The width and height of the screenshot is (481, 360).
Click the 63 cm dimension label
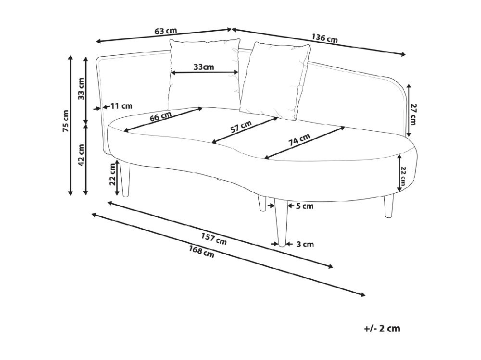165,31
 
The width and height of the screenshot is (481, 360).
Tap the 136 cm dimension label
325,38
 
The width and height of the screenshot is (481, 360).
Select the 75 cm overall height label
65,121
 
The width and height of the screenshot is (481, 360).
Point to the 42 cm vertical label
81,155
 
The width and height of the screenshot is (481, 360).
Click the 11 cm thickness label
122,106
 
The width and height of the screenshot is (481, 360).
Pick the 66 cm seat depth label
161,116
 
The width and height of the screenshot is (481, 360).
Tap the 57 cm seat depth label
241,126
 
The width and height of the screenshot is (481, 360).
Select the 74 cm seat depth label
299,139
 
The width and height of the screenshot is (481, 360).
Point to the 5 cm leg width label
304,206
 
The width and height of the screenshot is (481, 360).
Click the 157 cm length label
214,238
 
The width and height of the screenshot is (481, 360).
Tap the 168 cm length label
202,251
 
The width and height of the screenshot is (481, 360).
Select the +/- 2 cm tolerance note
382,328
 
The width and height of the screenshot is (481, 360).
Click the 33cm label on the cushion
203,66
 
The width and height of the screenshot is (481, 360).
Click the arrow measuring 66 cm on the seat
163,120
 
